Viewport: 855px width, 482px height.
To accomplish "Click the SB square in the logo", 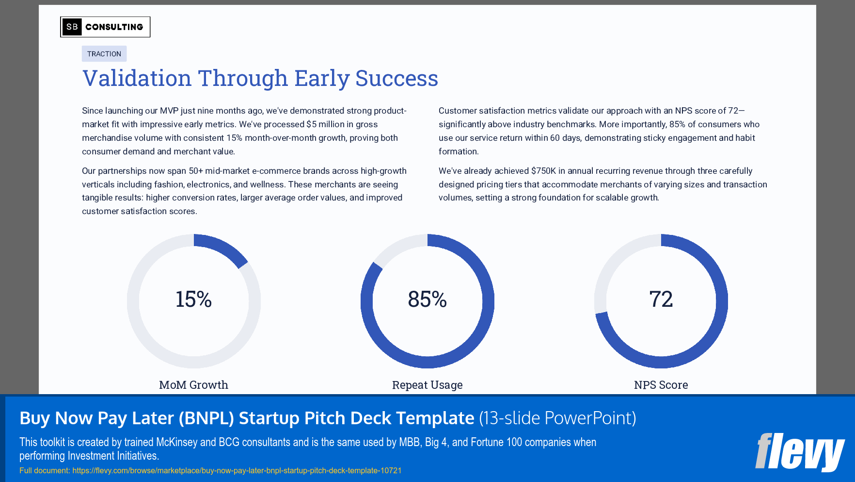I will tap(72, 27).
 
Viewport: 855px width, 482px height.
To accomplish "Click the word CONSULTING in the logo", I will tap(114, 27).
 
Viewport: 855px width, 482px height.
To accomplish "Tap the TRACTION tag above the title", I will tap(104, 54).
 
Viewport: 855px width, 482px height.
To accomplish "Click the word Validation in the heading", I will tap(137, 79).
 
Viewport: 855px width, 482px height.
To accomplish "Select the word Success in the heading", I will tap(396, 79).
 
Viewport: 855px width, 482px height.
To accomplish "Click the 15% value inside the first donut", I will tap(193, 299).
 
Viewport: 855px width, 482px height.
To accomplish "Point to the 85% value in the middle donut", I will tap(427, 299).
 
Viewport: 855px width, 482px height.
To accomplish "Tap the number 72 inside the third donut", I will tap(661, 299).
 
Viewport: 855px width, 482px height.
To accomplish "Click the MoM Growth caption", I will tap(193, 385).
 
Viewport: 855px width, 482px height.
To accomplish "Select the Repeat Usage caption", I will tap(427, 385).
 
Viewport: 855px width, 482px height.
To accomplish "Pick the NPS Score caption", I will tap(661, 385).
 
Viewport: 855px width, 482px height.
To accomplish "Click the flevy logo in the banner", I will tap(799, 452).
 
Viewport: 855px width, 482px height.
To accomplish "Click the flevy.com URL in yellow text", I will tap(237, 470).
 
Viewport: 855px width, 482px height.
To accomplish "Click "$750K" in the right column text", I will tap(543, 171).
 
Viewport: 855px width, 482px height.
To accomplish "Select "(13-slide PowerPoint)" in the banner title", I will tap(557, 418).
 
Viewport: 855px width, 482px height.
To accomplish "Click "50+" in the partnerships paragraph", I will tap(196, 171).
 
